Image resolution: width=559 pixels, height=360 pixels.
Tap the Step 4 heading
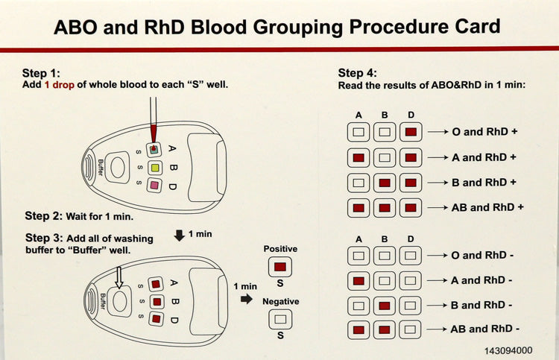[357, 72]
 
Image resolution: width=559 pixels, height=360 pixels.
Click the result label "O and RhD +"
[484, 132]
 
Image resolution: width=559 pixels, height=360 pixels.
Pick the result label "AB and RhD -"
[485, 329]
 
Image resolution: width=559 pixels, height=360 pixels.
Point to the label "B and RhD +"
[484, 182]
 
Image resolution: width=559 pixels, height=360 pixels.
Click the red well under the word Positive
[279, 266]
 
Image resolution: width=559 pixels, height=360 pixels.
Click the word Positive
[280, 248]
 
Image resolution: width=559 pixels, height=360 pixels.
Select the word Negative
[280, 302]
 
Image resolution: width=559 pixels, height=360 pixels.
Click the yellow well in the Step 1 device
[155, 166]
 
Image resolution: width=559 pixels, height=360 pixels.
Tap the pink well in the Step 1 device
[155, 184]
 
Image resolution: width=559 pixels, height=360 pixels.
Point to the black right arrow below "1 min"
[246, 300]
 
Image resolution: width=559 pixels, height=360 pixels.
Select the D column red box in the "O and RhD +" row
[411, 132]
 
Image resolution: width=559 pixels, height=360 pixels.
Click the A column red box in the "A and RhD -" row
[359, 280]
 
